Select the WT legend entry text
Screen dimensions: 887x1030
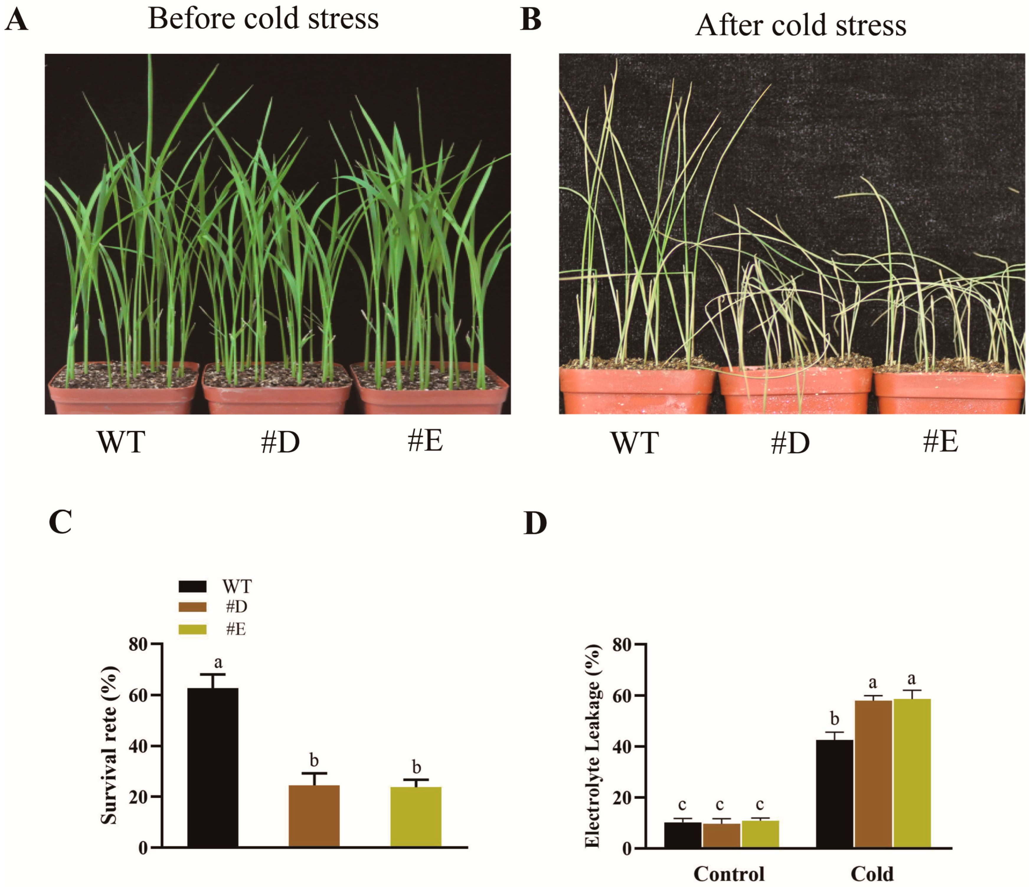click(x=237, y=587)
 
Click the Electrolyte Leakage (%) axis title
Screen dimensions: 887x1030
click(x=593, y=745)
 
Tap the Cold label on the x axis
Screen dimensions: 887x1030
click(x=872, y=874)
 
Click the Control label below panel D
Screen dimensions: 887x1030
click(x=729, y=874)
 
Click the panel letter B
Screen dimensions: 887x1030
click(x=530, y=20)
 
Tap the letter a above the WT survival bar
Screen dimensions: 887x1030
click(x=218, y=663)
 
